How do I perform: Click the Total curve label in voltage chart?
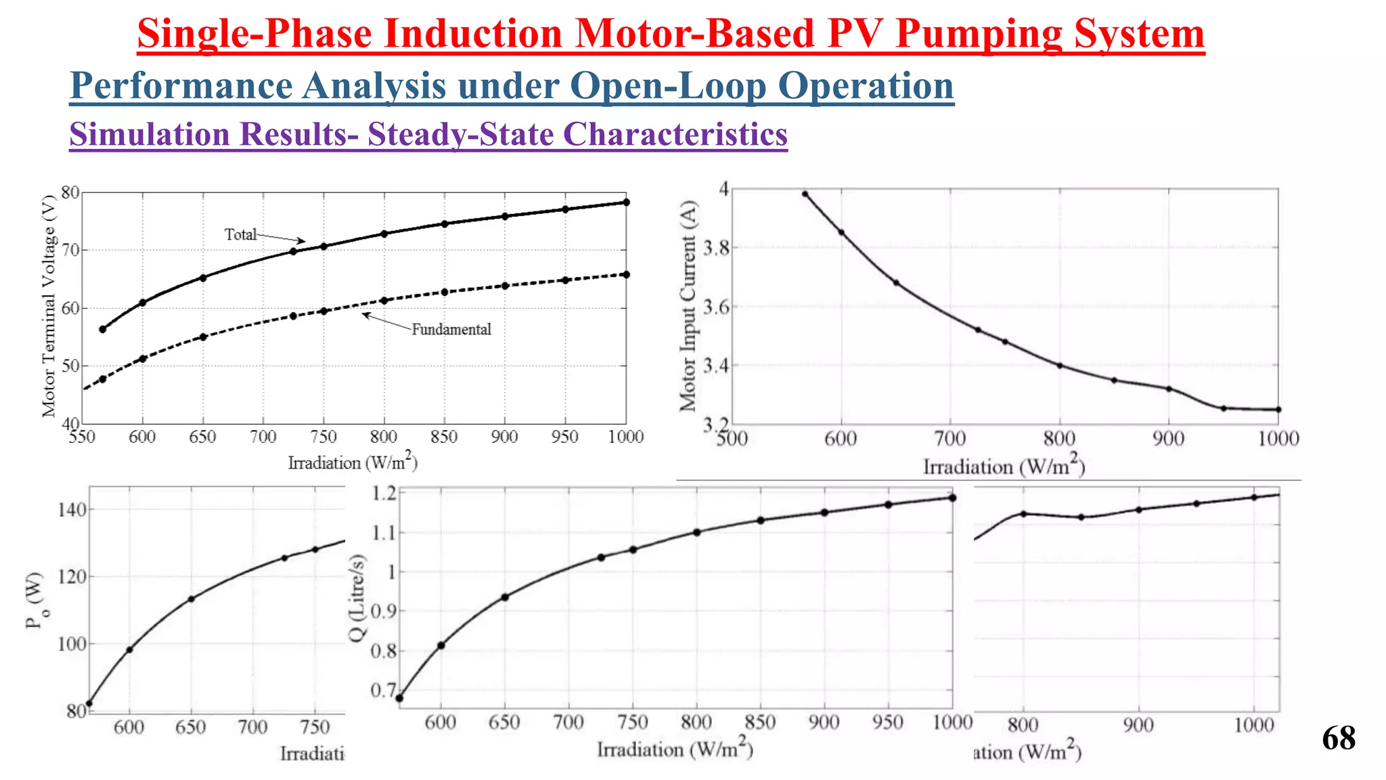click(x=241, y=234)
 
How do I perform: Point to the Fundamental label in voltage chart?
click(x=451, y=330)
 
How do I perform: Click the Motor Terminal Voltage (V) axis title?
click(x=49, y=306)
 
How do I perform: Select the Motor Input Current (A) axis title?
click(x=688, y=306)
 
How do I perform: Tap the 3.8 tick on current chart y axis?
click(x=716, y=248)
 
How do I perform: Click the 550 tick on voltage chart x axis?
click(x=82, y=437)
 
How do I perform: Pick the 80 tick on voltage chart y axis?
click(x=70, y=192)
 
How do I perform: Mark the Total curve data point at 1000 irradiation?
click(x=626, y=202)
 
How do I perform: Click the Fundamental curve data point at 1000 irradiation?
click(x=626, y=274)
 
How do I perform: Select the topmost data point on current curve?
click(x=805, y=194)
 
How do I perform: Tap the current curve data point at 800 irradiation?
click(x=1060, y=366)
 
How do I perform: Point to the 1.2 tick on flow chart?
click(x=384, y=493)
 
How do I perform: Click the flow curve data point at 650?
click(x=505, y=597)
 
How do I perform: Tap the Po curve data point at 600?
click(x=129, y=649)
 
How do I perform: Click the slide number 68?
click(x=1338, y=738)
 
